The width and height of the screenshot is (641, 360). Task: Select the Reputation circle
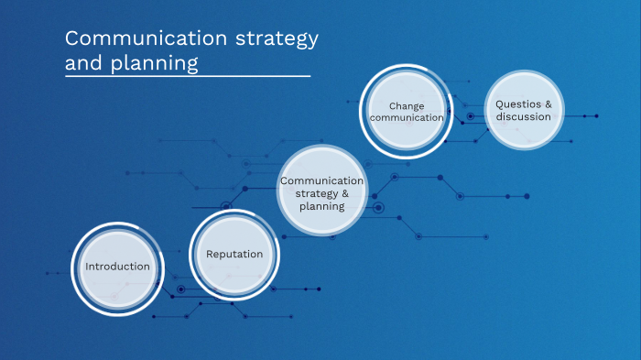tap(234, 256)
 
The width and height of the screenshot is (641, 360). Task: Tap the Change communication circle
tap(406, 113)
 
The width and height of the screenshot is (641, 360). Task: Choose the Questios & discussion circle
tap(524, 110)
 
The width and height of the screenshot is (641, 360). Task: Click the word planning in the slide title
tap(153, 64)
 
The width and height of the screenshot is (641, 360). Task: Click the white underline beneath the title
tap(188, 77)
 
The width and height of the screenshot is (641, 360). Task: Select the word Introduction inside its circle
tap(117, 267)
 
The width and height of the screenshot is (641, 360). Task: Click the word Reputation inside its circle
tap(234, 255)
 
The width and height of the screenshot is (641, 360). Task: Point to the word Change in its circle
tap(406, 105)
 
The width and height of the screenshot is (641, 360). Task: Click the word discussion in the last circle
tap(524, 117)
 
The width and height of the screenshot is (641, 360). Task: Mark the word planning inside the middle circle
tap(321, 207)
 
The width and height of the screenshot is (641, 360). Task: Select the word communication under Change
tap(406, 118)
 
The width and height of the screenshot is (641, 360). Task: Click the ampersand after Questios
tap(549, 104)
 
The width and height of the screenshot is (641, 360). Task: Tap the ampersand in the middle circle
tap(345, 194)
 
